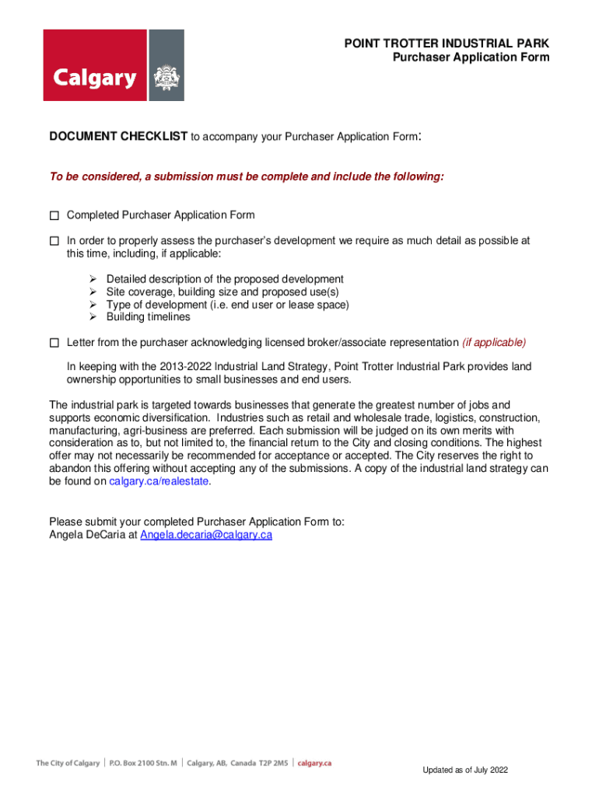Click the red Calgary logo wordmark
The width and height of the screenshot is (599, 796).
[94, 78]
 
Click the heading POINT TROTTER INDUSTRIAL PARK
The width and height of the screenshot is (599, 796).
[447, 44]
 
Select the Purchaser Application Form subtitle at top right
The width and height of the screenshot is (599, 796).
[470, 58]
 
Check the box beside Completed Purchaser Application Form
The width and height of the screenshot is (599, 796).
[54, 215]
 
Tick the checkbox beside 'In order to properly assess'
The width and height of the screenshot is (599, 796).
[54, 241]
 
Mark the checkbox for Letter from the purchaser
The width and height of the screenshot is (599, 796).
[54, 343]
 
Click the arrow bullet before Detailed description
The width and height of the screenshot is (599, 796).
[92, 279]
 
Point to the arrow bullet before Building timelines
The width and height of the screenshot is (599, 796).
[92, 317]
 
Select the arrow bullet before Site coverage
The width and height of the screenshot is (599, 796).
[92, 292]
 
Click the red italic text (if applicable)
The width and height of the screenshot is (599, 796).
[494, 343]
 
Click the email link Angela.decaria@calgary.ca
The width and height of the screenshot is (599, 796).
[205, 535]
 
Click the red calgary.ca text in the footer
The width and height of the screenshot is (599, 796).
[315, 763]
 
